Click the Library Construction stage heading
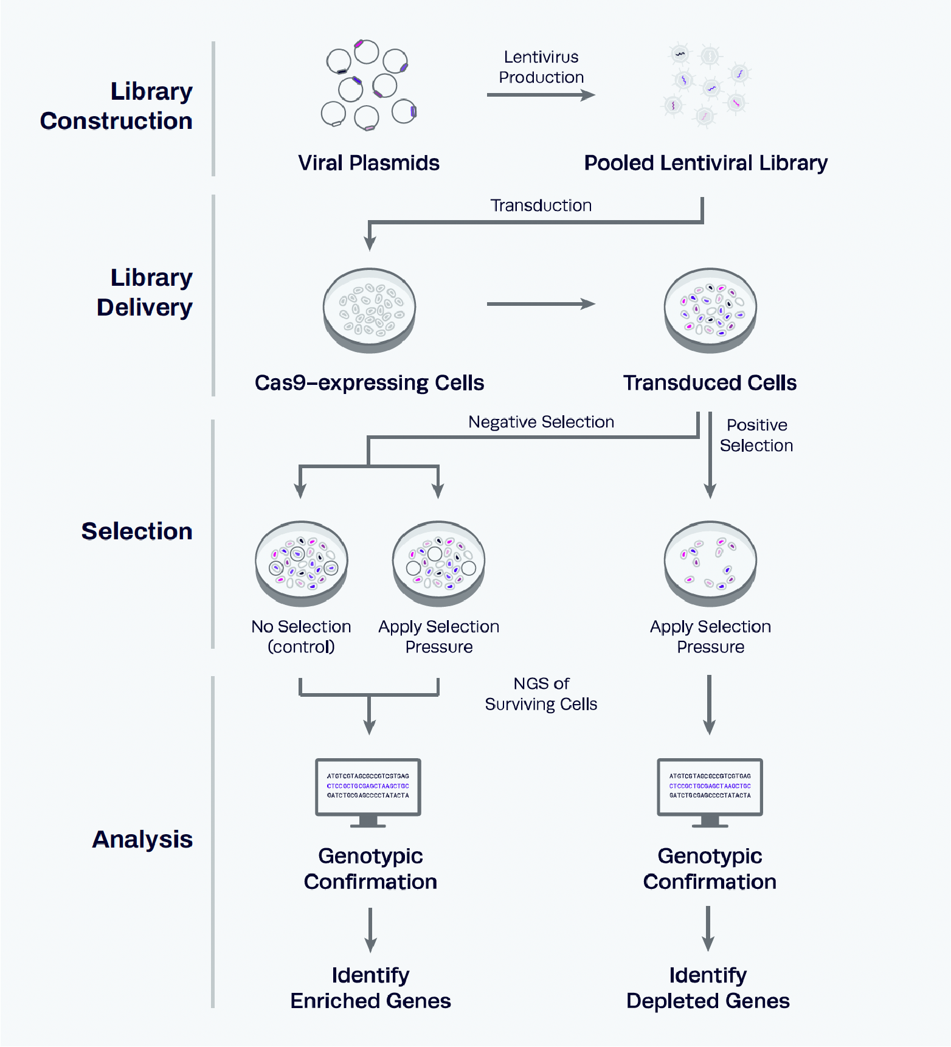(x=116, y=106)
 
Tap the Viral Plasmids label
(x=368, y=163)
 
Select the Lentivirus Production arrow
(x=540, y=95)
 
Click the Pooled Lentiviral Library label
(x=705, y=163)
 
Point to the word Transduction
(x=541, y=206)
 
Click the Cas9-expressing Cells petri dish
(x=369, y=310)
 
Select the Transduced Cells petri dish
(x=710, y=310)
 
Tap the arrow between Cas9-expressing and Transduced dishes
(x=540, y=304)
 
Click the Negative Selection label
(x=541, y=422)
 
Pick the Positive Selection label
(x=756, y=435)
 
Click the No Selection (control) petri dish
(x=302, y=563)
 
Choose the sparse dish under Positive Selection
(x=710, y=563)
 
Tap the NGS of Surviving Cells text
(x=541, y=694)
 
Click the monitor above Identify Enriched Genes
(x=368, y=791)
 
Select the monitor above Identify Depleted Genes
(x=710, y=791)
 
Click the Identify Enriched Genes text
(x=370, y=988)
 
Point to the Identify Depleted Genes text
(x=708, y=988)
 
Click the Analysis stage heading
(x=142, y=839)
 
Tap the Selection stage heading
(x=137, y=531)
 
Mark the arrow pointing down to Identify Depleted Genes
(x=708, y=928)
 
